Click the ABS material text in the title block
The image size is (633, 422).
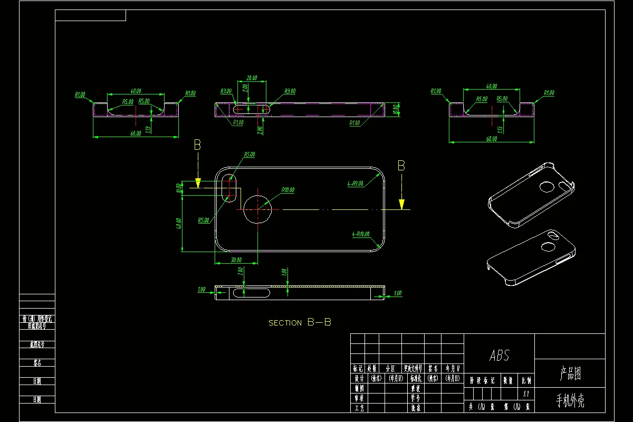point(500,356)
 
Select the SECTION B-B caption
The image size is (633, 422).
point(300,322)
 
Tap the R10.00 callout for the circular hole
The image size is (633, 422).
point(288,190)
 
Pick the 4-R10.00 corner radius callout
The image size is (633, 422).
point(360,234)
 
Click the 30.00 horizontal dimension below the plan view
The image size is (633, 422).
point(236,260)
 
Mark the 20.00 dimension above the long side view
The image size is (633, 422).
point(252,78)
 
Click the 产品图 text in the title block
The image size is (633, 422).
point(570,374)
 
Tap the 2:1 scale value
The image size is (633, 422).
point(526,394)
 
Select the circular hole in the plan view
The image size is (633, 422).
point(257,208)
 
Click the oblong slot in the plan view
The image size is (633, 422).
point(230,188)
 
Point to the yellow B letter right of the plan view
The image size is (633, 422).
point(401,166)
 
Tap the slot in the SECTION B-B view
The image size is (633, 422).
point(251,293)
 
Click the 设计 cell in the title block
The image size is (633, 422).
point(359,378)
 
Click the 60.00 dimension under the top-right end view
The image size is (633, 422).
point(491,139)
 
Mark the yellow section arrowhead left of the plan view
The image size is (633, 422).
point(198,183)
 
